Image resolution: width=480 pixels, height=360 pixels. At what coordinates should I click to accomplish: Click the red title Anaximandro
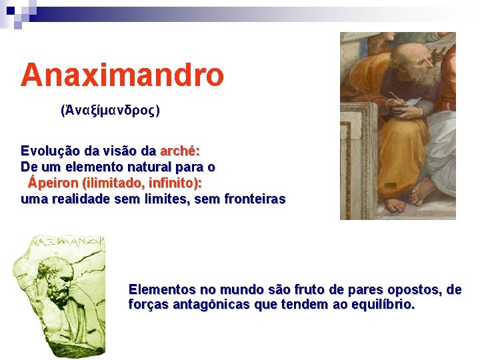click(122, 75)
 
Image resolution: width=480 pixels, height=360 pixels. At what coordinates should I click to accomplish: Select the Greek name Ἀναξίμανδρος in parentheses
click(110, 110)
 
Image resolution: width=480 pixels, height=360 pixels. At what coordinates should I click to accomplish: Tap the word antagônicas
click(211, 305)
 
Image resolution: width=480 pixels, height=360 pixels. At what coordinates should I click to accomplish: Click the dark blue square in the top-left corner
click(11, 11)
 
